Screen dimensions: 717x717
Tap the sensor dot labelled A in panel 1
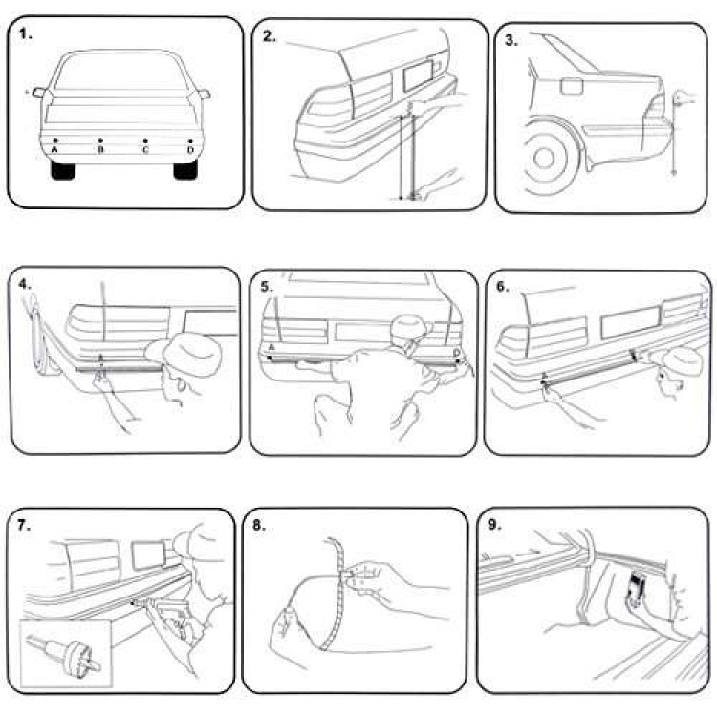point(55,141)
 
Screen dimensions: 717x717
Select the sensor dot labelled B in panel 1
point(100,141)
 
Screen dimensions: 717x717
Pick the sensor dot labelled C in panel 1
point(145,141)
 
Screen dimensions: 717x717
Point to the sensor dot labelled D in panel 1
point(190,141)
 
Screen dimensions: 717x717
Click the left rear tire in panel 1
point(64,170)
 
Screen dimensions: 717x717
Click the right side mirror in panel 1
point(204,93)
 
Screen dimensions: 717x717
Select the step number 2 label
point(271,36)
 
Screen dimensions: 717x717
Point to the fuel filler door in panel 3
point(572,86)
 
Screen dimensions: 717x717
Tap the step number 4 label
point(25,284)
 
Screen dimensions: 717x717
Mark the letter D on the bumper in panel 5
point(456,353)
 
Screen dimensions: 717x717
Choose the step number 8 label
point(260,525)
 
